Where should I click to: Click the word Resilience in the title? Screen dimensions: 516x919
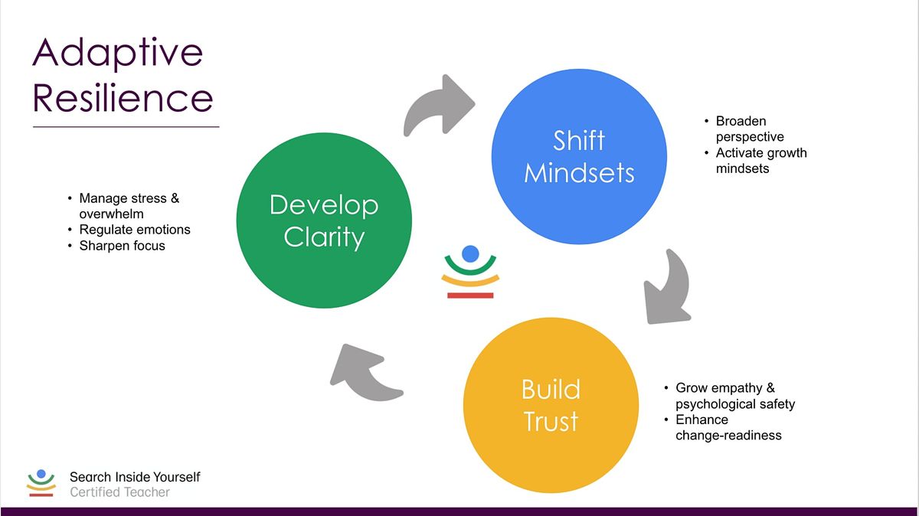[123, 98]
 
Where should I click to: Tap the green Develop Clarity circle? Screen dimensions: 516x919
[324, 221]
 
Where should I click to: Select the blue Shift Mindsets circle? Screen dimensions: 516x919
[579, 156]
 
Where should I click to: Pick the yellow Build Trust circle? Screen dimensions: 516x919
[551, 406]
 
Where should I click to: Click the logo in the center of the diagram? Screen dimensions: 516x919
[470, 272]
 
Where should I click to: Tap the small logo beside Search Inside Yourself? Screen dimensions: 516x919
[41, 484]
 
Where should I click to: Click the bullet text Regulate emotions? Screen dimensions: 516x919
[135, 230]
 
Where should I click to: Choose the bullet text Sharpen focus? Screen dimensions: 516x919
[122, 246]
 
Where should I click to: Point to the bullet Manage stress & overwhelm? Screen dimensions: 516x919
[129, 206]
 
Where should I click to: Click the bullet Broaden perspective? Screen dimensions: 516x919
[749, 129]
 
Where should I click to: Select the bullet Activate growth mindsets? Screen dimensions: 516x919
[760, 160]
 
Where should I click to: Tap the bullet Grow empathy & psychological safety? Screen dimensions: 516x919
[734, 396]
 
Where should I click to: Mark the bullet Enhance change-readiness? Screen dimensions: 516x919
[728, 427]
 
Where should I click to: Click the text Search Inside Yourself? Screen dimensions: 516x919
[135, 477]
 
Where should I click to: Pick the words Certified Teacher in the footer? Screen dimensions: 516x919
[119, 492]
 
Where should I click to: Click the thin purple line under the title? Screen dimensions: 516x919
[126, 126]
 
